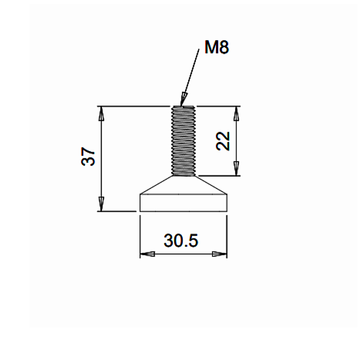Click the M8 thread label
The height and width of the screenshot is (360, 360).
pos(217,47)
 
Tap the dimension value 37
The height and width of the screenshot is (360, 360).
pos(88,156)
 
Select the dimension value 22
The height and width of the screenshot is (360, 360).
pos(223,141)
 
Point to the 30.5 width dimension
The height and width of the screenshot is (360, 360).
pos(181,240)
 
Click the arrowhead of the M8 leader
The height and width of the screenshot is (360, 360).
pos(184,99)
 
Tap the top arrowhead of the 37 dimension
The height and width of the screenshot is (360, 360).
pos(101,114)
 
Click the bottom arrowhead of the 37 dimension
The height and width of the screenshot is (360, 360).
pos(101,204)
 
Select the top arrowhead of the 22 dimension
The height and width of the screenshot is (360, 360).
pos(236,114)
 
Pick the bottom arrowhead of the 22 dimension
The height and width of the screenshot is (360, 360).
pos(236,169)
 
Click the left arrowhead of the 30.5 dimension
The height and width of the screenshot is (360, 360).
pos(148,254)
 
